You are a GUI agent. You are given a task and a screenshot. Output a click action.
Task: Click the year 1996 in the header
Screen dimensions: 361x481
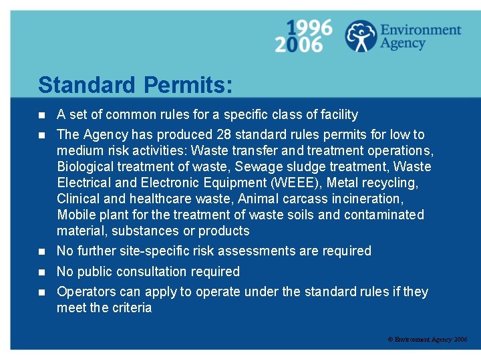pos(310,27)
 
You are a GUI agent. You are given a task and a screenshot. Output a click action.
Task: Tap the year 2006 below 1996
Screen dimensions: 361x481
pos(298,44)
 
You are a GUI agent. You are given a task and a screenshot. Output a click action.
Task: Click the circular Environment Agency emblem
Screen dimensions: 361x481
pos(360,36)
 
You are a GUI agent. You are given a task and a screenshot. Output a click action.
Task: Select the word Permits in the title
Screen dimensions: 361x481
pos(188,85)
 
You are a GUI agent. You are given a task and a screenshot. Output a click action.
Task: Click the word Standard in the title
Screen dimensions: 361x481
pos(88,85)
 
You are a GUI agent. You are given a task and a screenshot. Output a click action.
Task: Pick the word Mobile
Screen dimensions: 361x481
pos(76,215)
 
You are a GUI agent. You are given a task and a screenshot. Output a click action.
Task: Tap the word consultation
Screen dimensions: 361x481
pos(152,271)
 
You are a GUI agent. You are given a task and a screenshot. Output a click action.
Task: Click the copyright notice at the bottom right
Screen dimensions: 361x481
pos(428,340)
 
